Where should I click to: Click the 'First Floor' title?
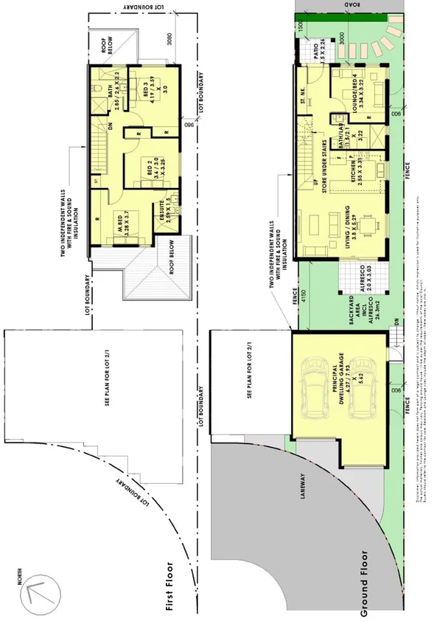[x=171, y=584]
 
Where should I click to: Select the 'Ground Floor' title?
[x=363, y=582]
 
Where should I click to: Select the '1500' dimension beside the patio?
[x=301, y=24]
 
